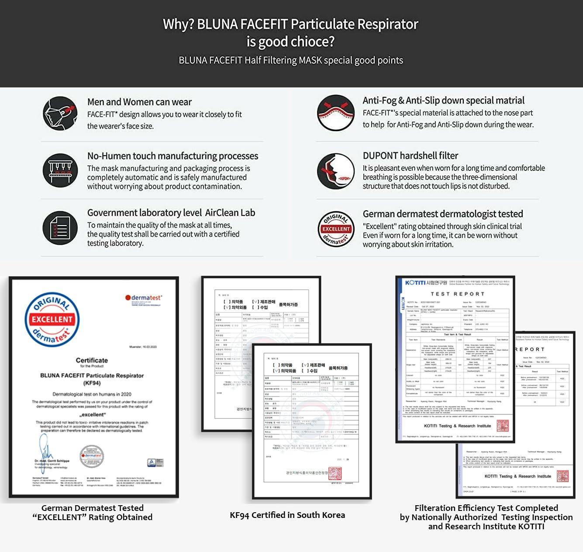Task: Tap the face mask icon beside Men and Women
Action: [60, 113]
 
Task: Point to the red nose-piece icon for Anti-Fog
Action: [335, 113]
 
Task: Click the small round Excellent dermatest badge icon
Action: [335, 229]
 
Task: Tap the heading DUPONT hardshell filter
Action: [410, 156]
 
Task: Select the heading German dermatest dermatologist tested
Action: [442, 214]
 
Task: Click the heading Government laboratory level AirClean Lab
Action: [171, 213]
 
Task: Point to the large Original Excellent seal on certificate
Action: [52, 319]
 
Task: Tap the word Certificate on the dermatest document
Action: [92, 360]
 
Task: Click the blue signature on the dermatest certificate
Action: [45, 448]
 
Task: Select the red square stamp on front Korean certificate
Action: [335, 473]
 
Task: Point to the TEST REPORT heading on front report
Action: [457, 294]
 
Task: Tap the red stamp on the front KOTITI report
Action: [503, 425]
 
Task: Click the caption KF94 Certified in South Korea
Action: [287, 515]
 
